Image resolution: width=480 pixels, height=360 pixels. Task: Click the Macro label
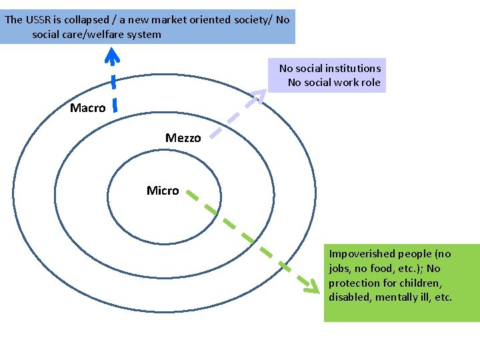tap(87, 108)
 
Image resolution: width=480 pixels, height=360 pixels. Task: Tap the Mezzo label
tap(183, 138)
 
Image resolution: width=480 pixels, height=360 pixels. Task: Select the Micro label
tap(163, 191)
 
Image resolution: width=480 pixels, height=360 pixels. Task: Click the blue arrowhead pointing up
tap(113, 57)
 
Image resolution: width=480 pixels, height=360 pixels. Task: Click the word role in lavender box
tap(369, 83)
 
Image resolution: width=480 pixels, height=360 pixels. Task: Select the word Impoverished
tap(363, 254)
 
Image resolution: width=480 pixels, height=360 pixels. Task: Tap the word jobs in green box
tap(339, 269)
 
